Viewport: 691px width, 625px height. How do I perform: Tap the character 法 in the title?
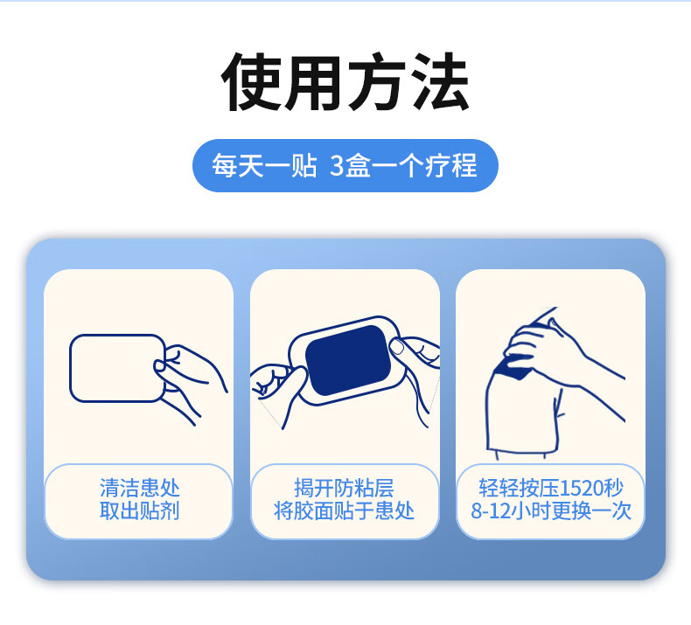(440, 81)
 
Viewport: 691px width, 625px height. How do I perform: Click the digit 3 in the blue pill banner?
(337, 165)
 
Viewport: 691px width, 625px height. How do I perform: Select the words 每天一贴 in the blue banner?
(264, 165)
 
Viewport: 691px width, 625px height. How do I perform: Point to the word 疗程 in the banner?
(451, 165)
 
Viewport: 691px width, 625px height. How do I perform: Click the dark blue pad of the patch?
(348, 360)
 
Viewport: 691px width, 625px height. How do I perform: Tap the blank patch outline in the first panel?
(71, 368)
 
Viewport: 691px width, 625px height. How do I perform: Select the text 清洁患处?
(140, 488)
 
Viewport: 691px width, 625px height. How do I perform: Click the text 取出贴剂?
(140, 510)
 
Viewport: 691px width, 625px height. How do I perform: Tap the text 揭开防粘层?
(344, 488)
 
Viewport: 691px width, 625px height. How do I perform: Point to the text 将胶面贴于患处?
(344, 510)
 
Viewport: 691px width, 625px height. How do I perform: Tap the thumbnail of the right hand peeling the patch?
(397, 346)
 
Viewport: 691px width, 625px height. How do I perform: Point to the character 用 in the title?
(314, 81)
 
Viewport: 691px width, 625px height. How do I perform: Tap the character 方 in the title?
(377, 81)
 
